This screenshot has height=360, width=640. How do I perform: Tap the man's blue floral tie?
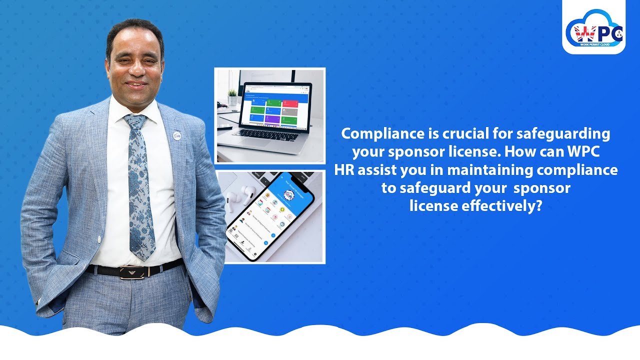pos(139,190)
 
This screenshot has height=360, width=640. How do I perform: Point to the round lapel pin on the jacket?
pos(176,135)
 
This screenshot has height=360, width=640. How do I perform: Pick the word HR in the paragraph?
pos(344,170)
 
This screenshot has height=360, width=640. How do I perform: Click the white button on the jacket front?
pos(99,239)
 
